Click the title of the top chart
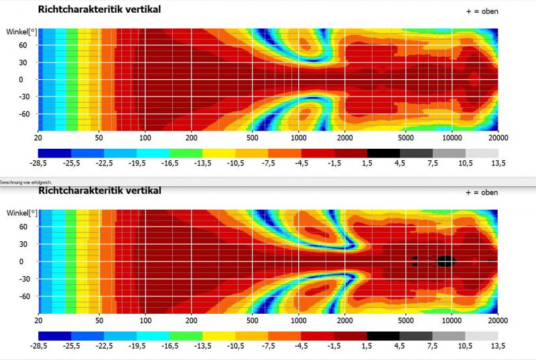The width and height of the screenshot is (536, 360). pyautogui.click(x=99, y=9)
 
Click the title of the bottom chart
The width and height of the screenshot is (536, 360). pyautogui.click(x=99, y=191)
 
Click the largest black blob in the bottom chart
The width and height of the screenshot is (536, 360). pyautogui.click(x=446, y=259)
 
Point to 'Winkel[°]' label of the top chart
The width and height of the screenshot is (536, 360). pyautogui.click(x=21, y=32)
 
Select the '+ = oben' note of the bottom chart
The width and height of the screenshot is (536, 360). pyautogui.click(x=482, y=193)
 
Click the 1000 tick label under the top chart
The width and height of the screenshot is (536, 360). pyautogui.click(x=298, y=137)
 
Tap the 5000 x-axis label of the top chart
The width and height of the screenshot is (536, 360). pyautogui.click(x=406, y=137)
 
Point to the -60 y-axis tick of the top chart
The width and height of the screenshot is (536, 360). pyautogui.click(x=25, y=114)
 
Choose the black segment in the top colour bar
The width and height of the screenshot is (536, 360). pyautogui.click(x=383, y=153)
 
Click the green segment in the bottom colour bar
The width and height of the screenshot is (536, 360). pyautogui.click(x=186, y=335)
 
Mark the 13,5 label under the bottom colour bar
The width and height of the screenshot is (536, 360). pyautogui.click(x=498, y=347)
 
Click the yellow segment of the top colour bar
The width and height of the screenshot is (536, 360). pyautogui.click(x=218, y=153)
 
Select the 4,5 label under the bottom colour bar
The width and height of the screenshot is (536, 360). pyautogui.click(x=399, y=347)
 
